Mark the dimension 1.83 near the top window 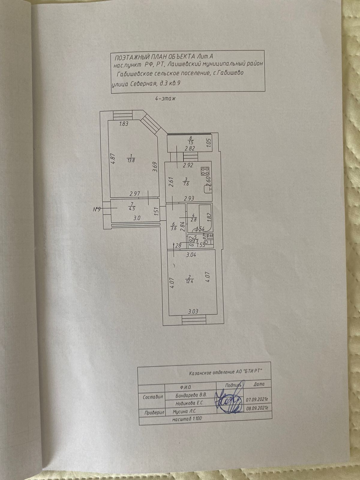(124, 124)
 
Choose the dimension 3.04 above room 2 (191, 256)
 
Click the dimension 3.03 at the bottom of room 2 (193, 311)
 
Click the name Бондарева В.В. (191, 395)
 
